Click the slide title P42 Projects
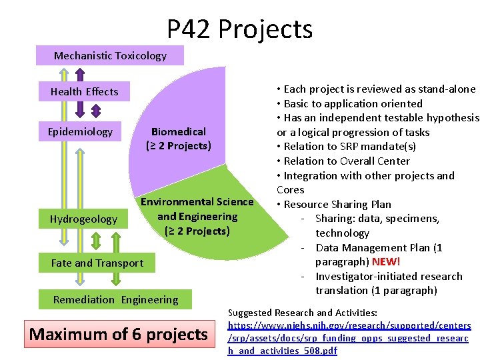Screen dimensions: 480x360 click(239, 29)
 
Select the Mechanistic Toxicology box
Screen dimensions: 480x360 click(110, 56)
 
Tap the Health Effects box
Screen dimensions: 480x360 click(84, 91)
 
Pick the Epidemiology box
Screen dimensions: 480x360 click(80, 131)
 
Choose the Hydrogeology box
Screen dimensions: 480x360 click(83, 219)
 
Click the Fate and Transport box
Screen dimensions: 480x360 click(97, 263)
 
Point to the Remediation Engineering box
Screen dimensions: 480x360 click(115, 299)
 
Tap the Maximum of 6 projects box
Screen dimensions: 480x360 click(119, 334)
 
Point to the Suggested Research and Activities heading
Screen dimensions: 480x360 click(303, 313)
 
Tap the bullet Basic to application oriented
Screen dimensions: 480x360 click(353, 103)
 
